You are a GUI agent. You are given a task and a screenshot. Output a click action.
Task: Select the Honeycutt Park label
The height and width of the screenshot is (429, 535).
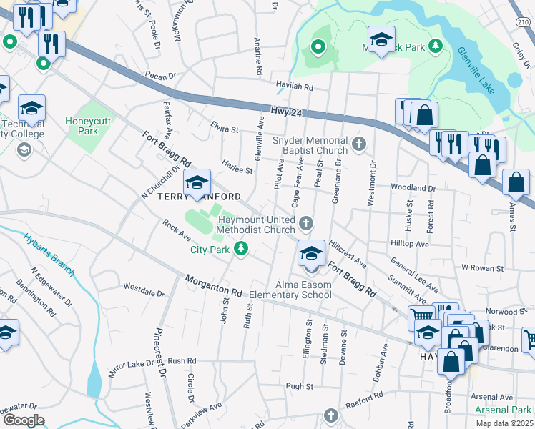(x=88, y=126)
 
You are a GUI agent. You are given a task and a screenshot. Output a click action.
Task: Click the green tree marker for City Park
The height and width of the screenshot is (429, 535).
(x=242, y=248)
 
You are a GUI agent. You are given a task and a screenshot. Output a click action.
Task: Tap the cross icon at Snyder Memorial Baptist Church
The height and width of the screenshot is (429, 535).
(x=359, y=146)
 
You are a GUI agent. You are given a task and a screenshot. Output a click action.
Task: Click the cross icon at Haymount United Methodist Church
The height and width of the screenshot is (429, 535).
(x=306, y=225)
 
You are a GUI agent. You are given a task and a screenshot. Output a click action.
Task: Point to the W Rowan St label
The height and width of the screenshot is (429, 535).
(x=483, y=267)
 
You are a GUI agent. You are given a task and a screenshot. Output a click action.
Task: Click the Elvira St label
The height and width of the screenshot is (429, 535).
(x=225, y=129)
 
